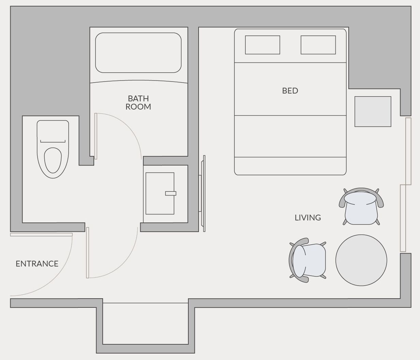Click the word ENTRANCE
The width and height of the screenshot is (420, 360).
37,264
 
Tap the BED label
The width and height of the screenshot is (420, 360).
290,91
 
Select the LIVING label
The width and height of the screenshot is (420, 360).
308,218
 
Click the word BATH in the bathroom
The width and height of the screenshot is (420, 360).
138,99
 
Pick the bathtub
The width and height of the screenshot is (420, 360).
138,53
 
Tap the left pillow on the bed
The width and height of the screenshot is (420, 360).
262,45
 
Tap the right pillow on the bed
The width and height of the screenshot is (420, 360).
318,45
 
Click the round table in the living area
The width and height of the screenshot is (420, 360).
361,260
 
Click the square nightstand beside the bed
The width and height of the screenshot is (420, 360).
373,112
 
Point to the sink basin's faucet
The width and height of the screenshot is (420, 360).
171,193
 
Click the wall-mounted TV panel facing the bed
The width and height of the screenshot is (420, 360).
203,193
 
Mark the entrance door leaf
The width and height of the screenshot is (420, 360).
41,235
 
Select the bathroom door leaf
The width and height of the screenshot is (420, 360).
96,136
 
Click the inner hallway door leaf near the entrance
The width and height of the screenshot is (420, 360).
88,253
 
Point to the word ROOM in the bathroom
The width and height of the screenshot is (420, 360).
138,107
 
